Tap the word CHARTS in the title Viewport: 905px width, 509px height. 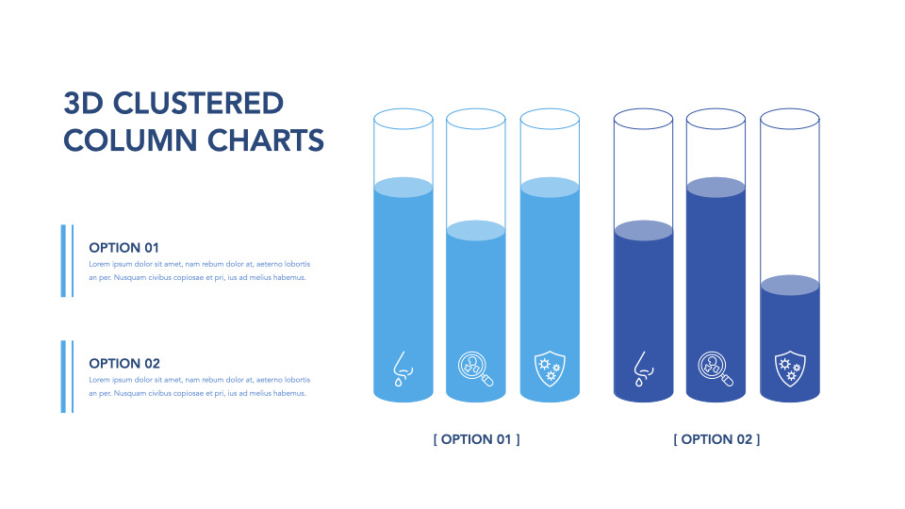point(266,140)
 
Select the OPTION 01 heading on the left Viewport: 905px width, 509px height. point(124,248)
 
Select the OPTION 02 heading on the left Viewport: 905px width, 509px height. point(124,363)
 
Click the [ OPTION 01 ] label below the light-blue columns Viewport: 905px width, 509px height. point(476,439)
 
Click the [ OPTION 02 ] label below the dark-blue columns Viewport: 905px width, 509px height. point(716,439)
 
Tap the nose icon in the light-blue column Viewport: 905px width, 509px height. point(403,369)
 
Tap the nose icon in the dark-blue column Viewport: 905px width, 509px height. point(642,369)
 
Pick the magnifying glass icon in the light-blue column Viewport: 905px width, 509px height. point(475,369)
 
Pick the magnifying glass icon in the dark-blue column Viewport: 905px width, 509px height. point(716,369)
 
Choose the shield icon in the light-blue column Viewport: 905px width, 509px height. point(548,369)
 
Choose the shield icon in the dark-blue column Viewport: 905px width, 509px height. point(788,369)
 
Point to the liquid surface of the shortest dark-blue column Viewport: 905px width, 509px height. point(789,286)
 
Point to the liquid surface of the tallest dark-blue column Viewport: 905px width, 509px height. point(716,187)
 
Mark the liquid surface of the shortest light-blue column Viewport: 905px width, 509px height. point(475,231)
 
